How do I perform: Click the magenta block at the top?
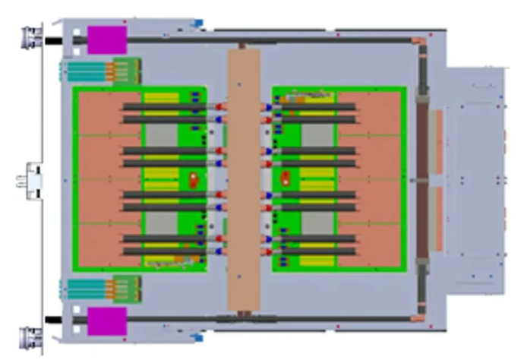107,39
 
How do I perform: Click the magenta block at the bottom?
107,321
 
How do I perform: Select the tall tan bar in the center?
244,180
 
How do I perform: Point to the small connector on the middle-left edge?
31,181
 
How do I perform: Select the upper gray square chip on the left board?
160,135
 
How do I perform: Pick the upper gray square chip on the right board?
317,135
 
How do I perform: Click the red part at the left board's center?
194,180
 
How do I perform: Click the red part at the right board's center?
286,179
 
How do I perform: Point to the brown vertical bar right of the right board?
421,180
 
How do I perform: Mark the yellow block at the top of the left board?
161,97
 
